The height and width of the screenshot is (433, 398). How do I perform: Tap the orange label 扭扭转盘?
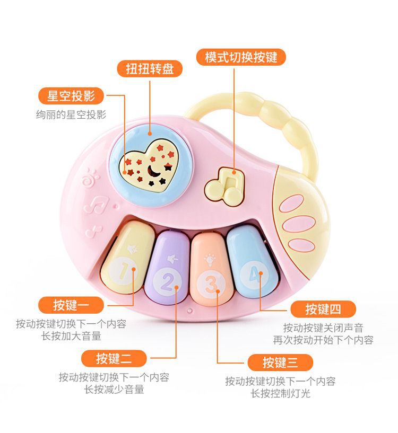[150, 68]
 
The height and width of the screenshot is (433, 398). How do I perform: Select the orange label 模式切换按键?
[241, 57]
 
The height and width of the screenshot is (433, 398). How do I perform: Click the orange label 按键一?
[71, 305]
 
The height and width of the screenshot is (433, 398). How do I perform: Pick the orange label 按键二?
[114, 358]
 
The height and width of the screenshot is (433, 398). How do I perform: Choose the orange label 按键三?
[280, 363]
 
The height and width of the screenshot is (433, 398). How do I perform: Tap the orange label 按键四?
[323, 309]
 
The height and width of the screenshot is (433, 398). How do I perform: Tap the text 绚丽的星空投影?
[71, 114]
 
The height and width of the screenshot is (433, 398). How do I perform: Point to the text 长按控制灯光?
[280, 393]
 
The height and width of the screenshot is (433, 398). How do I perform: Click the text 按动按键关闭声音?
[323, 328]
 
